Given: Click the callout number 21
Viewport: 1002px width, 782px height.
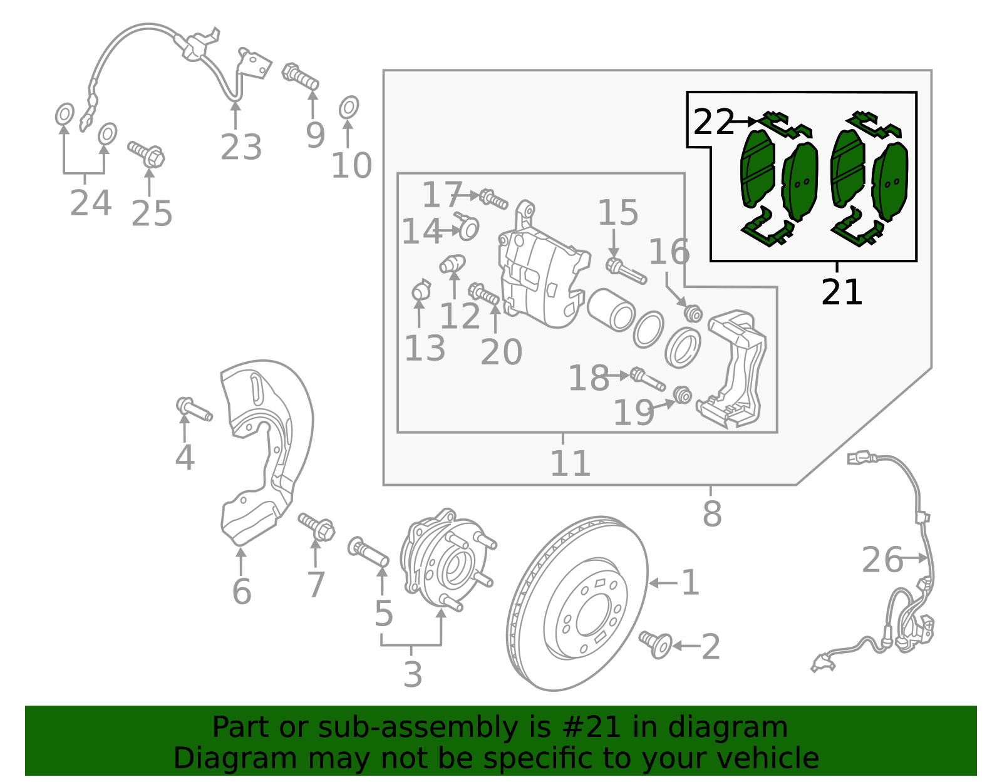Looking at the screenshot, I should [842, 292].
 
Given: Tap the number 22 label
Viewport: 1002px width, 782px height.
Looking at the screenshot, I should [713, 122].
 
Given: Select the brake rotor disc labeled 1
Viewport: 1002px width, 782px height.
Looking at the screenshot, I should [576, 604].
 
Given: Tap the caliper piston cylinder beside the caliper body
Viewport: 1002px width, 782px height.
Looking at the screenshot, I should [611, 309].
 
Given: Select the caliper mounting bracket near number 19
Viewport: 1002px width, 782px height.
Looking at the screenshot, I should [736, 369].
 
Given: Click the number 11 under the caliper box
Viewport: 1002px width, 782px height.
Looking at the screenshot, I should [570, 464].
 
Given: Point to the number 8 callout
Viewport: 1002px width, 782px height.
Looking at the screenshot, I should [712, 514].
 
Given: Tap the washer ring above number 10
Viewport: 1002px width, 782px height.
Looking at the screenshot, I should [349, 108].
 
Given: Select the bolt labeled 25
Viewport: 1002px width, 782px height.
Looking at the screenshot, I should [147, 153].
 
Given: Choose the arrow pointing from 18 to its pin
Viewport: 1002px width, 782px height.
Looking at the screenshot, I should [620, 376].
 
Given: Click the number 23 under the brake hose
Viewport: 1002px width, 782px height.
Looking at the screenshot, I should [240, 148].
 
